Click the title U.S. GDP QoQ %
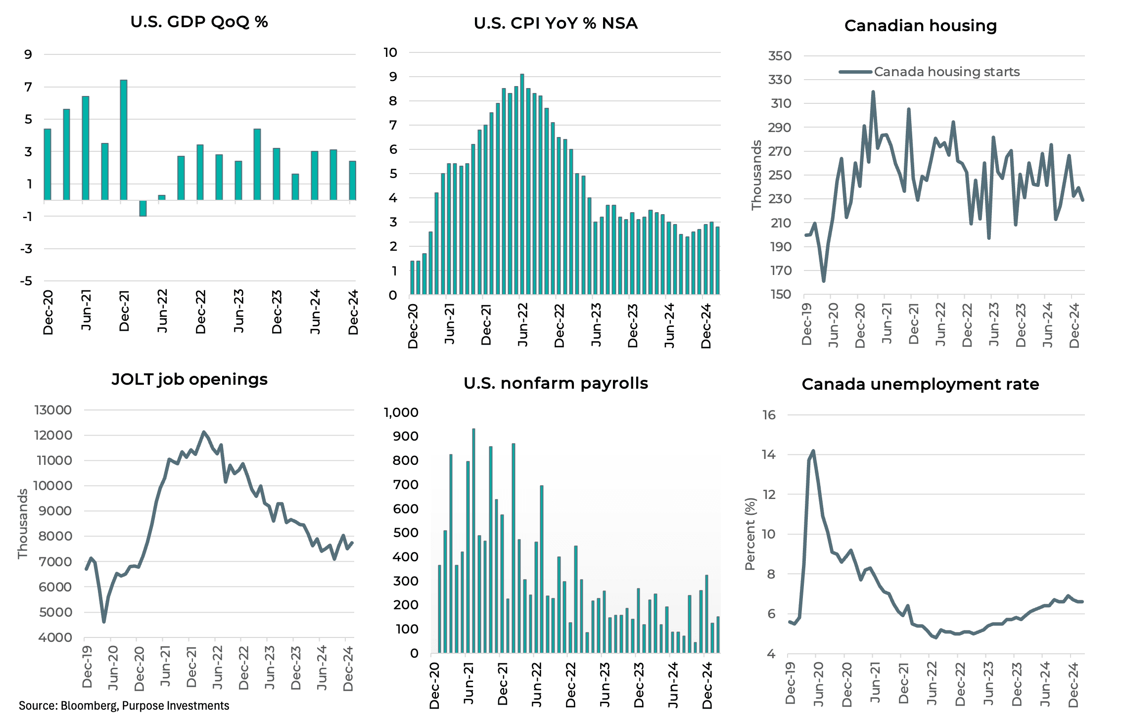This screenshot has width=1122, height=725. pyautogui.click(x=199, y=22)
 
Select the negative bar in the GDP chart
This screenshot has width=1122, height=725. pyautogui.click(x=143, y=208)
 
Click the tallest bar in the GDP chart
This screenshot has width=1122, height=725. pyautogui.click(x=124, y=140)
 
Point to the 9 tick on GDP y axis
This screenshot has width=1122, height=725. pyautogui.click(x=28, y=54)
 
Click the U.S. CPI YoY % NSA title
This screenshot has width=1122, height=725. pyautogui.click(x=556, y=23)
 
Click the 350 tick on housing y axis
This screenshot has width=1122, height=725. pyautogui.click(x=780, y=56)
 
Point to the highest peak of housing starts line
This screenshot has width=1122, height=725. pyautogui.click(x=873, y=92)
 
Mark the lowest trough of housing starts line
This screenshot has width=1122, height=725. pyautogui.click(x=824, y=281)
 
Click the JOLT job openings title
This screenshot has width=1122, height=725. pyautogui.click(x=189, y=379)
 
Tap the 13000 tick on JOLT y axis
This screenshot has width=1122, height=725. pyautogui.click(x=53, y=410)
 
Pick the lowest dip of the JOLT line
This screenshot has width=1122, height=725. pyautogui.click(x=104, y=621)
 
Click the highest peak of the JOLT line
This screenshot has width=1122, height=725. pyautogui.click(x=204, y=432)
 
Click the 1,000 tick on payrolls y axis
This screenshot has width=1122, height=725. pyautogui.click(x=401, y=412)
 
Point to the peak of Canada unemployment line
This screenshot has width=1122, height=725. pyautogui.click(x=813, y=451)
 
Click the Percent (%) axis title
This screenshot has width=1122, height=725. pyautogui.click(x=750, y=534)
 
